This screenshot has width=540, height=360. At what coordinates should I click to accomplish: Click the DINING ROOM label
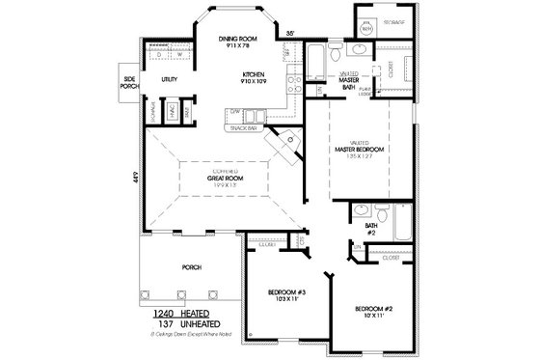click(x=232, y=39)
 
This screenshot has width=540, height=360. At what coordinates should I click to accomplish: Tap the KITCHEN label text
click(x=254, y=73)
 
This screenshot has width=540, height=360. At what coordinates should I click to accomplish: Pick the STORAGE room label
click(x=393, y=20)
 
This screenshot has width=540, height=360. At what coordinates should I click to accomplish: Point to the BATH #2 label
click(x=370, y=230)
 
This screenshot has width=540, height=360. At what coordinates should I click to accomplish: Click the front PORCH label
click(x=191, y=268)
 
